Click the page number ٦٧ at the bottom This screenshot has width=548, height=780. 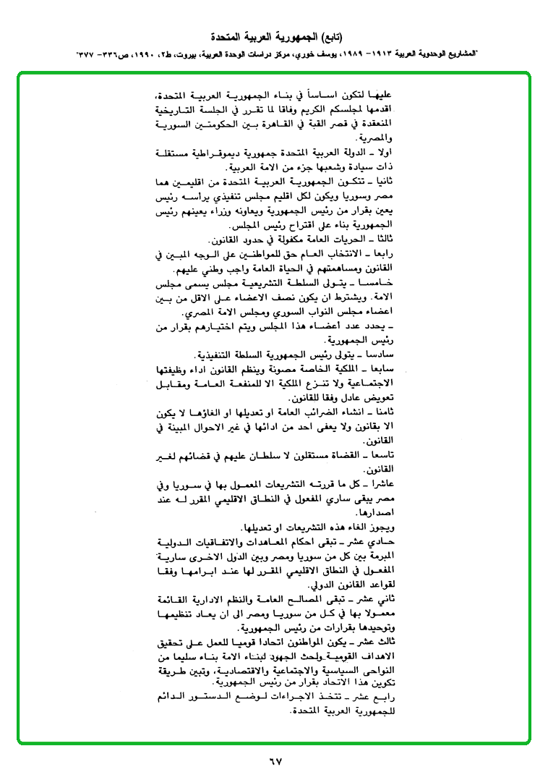[x=274, y=760]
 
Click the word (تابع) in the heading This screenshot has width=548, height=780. [x=330, y=35]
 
